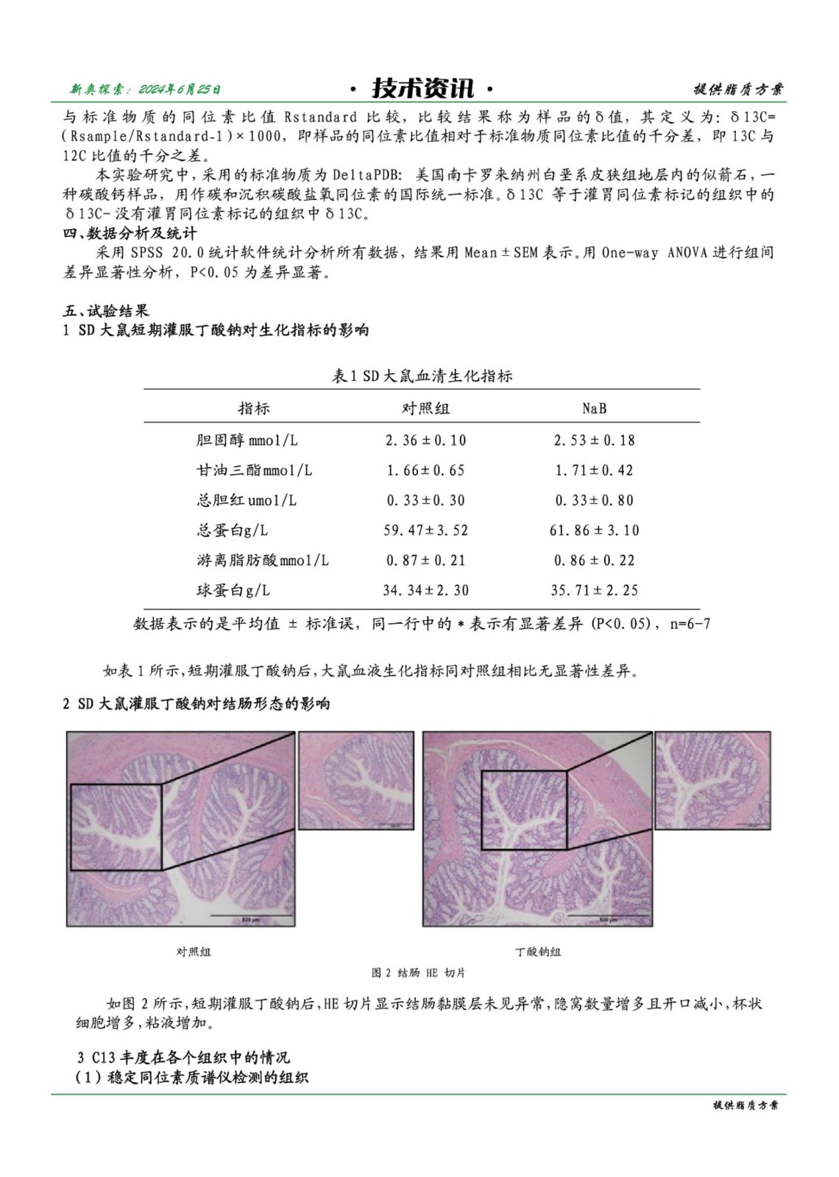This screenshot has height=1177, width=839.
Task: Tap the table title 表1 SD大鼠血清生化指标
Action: pos(422,376)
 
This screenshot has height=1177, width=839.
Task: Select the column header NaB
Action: pos(594,408)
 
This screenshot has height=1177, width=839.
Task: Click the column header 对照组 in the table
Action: pos(425,408)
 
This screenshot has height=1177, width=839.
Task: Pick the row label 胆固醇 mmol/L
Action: pos(247,441)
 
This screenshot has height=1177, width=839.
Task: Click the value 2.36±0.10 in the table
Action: pos(425,441)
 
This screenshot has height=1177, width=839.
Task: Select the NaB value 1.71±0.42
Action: pos(594,470)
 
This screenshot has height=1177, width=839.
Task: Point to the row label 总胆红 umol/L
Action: pos(246,500)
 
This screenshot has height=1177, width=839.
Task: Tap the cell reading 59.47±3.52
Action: pos(425,530)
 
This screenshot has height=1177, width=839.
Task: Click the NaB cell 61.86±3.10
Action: pos(594,530)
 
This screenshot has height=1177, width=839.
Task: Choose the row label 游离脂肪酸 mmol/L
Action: pos(262,561)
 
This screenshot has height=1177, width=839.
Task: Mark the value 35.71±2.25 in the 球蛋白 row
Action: pos(594,591)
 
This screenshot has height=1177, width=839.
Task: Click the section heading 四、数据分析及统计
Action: pos(130,234)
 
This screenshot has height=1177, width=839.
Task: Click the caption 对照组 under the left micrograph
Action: pos(194,952)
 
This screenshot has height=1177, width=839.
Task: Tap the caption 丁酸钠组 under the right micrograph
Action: pos(538,952)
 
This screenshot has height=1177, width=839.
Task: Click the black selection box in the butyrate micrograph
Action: pos(524,809)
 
